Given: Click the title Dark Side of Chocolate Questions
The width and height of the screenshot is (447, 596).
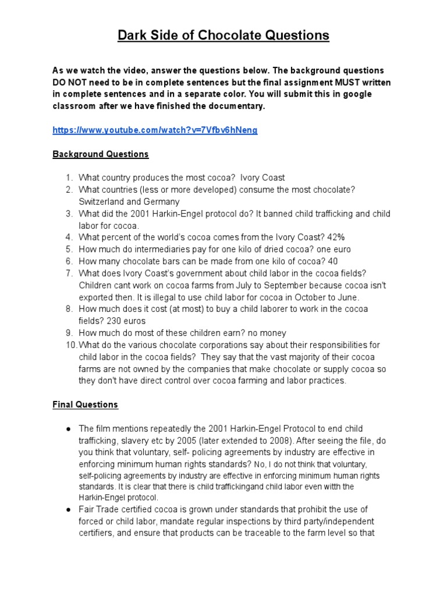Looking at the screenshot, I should pos(223,36).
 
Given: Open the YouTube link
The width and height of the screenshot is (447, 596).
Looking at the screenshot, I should pos(155,130).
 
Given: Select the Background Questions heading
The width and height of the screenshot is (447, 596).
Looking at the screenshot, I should pos(101,154).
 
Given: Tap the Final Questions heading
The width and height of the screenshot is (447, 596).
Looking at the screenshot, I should pos(85,404).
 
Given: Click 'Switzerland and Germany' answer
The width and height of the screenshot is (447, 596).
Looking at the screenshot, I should pos(129,201).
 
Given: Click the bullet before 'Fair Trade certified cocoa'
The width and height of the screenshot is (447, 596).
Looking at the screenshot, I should pos(68,510).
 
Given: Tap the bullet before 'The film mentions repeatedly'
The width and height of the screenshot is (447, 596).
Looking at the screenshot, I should pos(68,428).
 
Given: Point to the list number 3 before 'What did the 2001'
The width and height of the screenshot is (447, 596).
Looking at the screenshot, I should pos(68,214).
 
